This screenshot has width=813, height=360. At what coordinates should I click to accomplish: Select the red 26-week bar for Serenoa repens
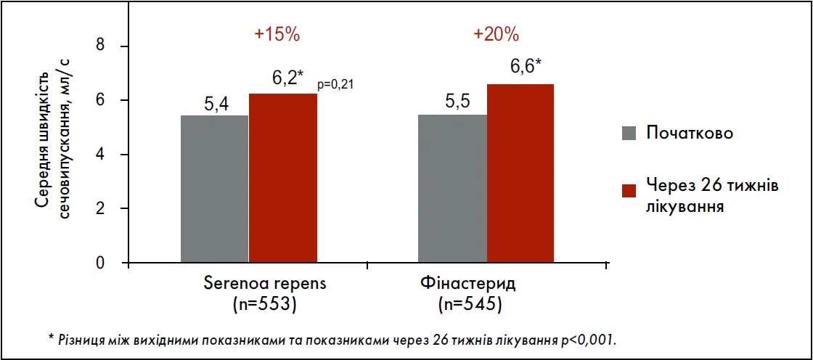click(283, 178)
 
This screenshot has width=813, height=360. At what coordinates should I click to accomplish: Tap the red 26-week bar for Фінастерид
click(520, 173)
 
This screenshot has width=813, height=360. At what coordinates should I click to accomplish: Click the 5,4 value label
click(216, 105)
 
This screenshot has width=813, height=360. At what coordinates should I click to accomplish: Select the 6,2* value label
click(288, 78)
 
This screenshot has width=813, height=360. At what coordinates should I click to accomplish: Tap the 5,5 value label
click(455, 102)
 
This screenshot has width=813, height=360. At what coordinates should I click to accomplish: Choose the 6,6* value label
click(526, 67)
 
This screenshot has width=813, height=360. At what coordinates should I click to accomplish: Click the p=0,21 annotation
click(335, 86)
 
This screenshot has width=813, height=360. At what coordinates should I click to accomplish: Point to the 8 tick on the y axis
click(101, 46)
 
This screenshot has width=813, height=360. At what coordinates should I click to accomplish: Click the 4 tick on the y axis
click(101, 155)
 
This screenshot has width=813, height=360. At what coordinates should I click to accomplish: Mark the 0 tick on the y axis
click(101, 263)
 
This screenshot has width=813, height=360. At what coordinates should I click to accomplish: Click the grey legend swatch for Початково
click(629, 134)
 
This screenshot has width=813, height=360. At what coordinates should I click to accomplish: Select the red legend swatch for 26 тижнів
click(629, 190)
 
